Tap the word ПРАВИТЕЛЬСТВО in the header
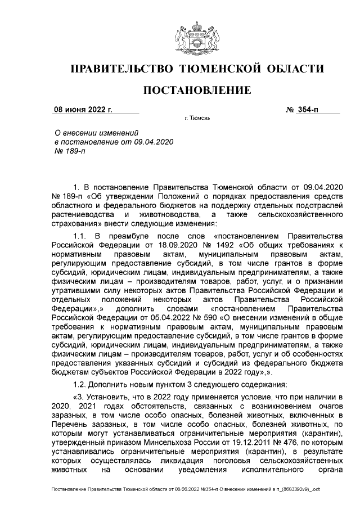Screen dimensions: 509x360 120,69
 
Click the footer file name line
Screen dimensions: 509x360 186,490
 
